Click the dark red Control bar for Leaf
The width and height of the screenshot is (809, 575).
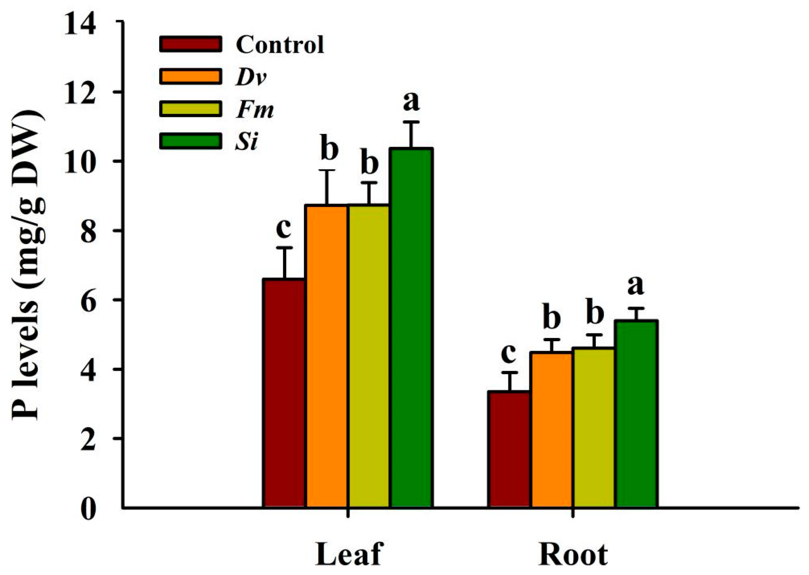click(x=284, y=393)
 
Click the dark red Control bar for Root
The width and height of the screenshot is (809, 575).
click(x=509, y=450)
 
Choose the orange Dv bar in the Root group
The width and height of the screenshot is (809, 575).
click(x=551, y=430)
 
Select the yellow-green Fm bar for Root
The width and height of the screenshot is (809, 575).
click(x=594, y=428)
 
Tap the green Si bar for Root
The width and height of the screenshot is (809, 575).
click(x=636, y=414)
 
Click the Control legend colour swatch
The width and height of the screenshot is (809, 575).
click(x=191, y=44)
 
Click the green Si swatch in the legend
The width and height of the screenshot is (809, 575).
click(x=191, y=141)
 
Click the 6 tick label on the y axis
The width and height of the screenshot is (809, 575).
click(x=88, y=301)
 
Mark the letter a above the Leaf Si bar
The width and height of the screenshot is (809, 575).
click(x=411, y=102)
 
